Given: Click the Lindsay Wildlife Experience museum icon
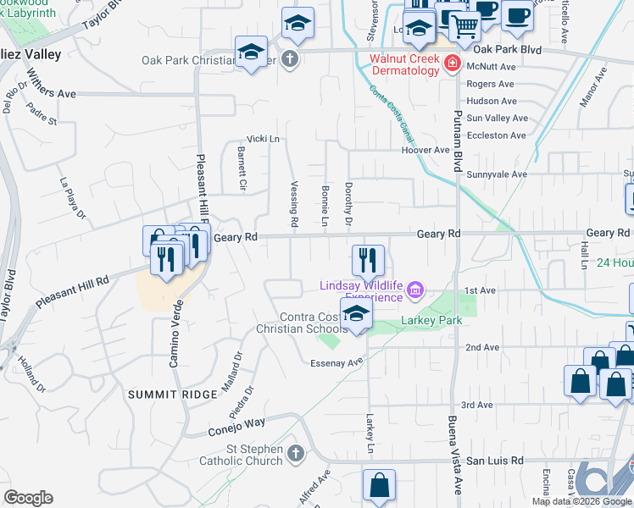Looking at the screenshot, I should click(x=414, y=291).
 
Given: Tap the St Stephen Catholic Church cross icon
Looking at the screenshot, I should click(x=294, y=454).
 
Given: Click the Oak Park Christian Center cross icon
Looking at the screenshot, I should click(x=289, y=60).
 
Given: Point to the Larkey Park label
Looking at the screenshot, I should click(x=433, y=321).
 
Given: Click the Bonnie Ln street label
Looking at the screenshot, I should click(x=325, y=204).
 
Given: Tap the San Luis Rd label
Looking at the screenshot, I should click(x=495, y=461).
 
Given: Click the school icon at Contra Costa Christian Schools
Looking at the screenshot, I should click(x=357, y=312).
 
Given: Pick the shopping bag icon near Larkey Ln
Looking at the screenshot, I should click(x=379, y=485).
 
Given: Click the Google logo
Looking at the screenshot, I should click(x=29, y=498).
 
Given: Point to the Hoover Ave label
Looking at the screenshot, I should click(x=425, y=150).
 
